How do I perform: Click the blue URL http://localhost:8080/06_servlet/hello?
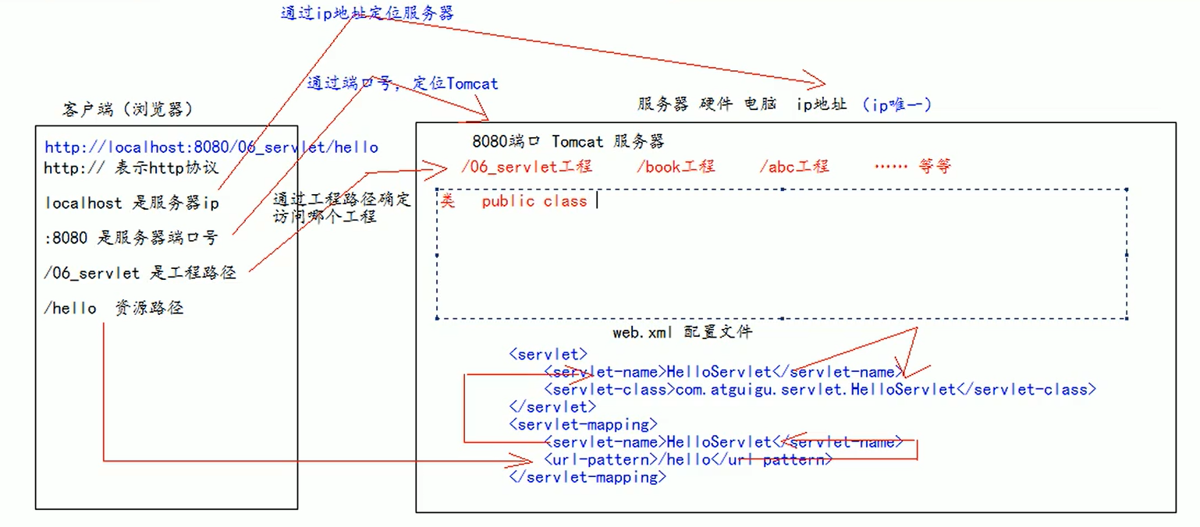click(211, 147)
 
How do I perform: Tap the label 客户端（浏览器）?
click(127, 109)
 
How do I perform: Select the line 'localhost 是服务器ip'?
click(132, 203)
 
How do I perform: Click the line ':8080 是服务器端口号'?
click(131, 239)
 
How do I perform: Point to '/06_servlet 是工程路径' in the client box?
click(140, 273)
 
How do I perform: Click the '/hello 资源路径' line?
click(114, 309)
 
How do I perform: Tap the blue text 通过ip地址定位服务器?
click(367, 13)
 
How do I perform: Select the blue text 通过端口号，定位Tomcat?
click(402, 83)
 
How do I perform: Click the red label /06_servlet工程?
click(527, 166)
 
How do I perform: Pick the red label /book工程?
click(675, 166)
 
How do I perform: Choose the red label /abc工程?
click(793, 166)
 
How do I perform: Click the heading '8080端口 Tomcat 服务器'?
click(568, 142)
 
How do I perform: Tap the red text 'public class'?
click(534, 201)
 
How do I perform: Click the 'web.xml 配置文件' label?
click(682, 332)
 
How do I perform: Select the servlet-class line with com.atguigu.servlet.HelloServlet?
click(819, 389)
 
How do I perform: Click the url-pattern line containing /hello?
click(687, 459)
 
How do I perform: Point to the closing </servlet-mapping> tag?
click(588, 477)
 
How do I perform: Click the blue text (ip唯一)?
click(897, 104)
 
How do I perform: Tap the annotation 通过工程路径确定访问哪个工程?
click(341, 207)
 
